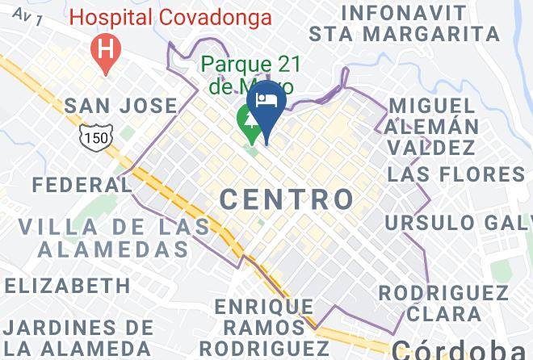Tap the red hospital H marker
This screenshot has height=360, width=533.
coord(105,48)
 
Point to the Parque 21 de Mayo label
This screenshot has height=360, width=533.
coord(247,73)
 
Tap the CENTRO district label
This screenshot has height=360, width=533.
coord(287,199)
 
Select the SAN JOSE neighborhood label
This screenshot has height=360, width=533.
coord(120,106)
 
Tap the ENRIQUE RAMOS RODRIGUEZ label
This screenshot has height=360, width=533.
coord(264,327)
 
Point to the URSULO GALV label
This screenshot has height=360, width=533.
coord(458,222)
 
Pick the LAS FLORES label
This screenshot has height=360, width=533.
coord(455,174)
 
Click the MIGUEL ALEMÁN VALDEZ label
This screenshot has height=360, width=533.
coord(431,127)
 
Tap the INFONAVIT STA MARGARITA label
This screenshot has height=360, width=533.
coord(404,23)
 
